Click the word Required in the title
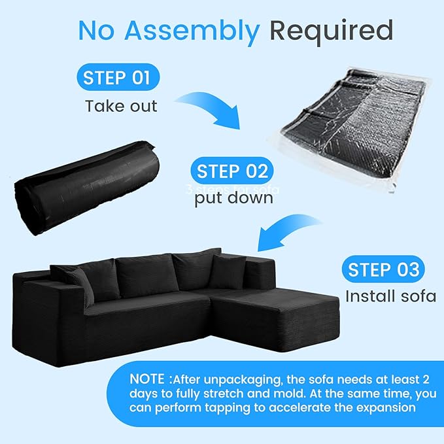tap(332, 30)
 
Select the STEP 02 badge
tap(232, 172)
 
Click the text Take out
tap(121, 106)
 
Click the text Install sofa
tap(390, 296)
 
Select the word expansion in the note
tap(383, 407)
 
